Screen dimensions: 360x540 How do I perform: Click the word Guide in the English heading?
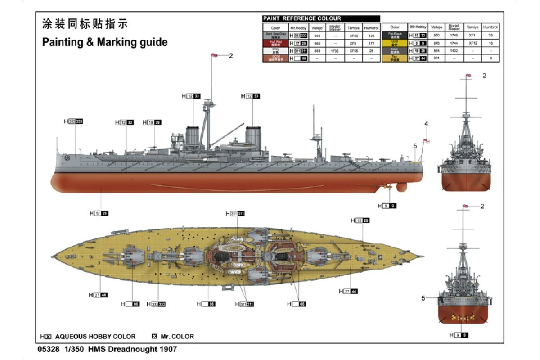coord(153,42)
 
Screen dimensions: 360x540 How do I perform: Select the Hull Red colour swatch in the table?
coord(275,43)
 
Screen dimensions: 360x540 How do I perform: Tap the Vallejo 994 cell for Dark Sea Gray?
coord(317,36)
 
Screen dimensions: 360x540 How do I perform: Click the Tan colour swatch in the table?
coord(395,58)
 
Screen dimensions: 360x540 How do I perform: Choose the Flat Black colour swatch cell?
coord(395,35)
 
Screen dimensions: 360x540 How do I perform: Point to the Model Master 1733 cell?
coord(335,51)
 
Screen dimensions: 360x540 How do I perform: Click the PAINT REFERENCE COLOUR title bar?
coord(321,18)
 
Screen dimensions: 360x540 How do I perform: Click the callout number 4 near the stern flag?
coord(426,124)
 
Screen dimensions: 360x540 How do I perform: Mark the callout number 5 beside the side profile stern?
coord(415,146)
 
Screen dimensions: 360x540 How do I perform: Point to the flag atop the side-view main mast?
coord(215,55)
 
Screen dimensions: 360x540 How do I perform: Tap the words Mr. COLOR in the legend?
coord(177,336)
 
